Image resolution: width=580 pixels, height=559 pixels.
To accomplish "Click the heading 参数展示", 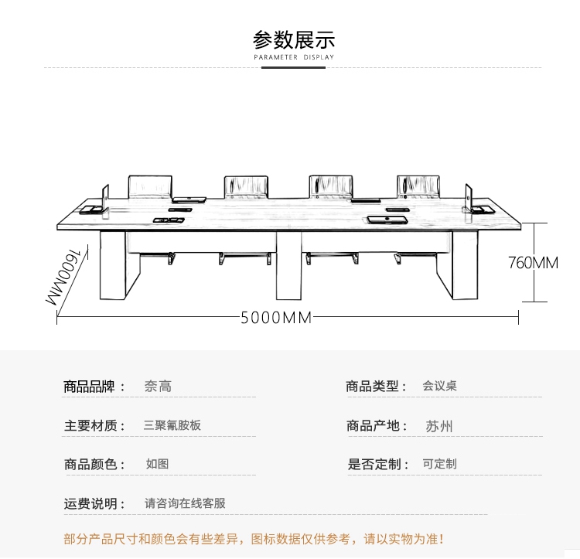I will pos(294,39).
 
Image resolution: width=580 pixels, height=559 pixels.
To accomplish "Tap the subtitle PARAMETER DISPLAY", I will pos(294,57).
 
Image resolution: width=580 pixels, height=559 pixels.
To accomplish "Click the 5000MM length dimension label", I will pos(275,318).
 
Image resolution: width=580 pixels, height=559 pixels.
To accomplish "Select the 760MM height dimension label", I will pos(533,263).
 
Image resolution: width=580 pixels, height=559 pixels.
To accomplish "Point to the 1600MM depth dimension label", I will pos(68,279).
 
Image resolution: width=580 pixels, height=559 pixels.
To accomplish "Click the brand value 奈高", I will pos(158,386).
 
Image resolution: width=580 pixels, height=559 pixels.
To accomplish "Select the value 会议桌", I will pos(439,386).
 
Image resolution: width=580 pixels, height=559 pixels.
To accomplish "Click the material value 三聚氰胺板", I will pos(172,425).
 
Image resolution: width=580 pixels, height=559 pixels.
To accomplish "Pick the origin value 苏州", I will pos(439,426).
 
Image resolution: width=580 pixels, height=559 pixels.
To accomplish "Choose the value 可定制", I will pos(439,464).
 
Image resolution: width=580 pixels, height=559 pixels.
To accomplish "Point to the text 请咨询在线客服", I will pos(186,503).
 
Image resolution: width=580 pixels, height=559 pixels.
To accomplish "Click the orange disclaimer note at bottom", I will pos(254,539).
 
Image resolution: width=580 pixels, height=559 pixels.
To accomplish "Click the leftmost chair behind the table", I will pos(150,186).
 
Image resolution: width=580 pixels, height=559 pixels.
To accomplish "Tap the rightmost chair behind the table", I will pos(418,186).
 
